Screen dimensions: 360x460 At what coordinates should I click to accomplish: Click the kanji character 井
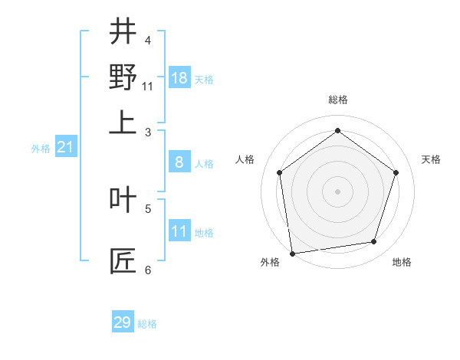[x=123, y=32]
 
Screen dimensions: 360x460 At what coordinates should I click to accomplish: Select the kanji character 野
[x=123, y=77]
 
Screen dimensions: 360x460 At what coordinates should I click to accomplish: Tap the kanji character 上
[x=123, y=123]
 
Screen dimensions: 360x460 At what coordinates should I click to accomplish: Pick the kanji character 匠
[x=123, y=260]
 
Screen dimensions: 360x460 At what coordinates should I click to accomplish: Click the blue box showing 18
[x=179, y=78]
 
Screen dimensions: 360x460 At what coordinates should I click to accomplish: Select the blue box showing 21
[x=65, y=147]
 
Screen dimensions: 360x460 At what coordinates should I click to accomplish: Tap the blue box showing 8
[x=179, y=162]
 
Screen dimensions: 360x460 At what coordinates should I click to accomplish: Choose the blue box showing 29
[x=123, y=322]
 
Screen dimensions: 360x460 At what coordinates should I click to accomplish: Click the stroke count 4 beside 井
[x=148, y=40]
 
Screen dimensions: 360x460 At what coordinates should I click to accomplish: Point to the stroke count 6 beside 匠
[x=148, y=270]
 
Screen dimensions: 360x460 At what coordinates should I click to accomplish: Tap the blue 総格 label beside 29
[x=148, y=324]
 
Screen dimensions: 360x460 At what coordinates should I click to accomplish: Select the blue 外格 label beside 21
[x=40, y=149]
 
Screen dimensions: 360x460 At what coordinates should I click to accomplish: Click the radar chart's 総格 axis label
[x=338, y=100]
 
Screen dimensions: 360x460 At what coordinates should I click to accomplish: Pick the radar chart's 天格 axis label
[x=432, y=159]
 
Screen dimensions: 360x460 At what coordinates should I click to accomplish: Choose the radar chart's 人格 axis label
[x=245, y=159]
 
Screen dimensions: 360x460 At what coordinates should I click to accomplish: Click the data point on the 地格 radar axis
[x=374, y=242]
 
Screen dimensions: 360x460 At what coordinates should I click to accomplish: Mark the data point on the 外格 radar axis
[x=292, y=253]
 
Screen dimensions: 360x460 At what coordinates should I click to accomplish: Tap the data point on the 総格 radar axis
[x=338, y=130]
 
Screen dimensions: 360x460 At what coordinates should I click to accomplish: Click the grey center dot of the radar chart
[x=338, y=191]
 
